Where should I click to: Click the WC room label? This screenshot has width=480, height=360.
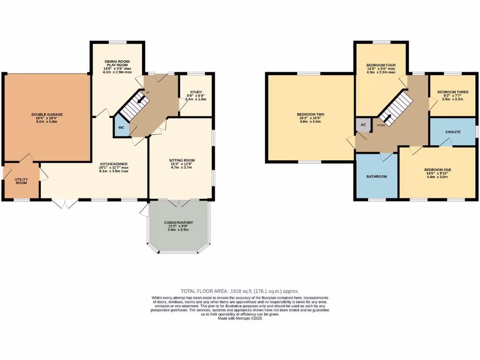(121, 127)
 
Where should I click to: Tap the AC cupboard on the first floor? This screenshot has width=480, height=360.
(363, 125)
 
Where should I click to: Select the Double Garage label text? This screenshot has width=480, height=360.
(47, 114)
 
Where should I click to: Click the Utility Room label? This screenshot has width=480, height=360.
(21, 180)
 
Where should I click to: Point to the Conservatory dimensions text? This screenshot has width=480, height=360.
(178, 229)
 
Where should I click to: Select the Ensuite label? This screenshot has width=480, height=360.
(453, 132)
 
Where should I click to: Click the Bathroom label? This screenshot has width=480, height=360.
(376, 177)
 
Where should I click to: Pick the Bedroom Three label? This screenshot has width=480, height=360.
(450, 92)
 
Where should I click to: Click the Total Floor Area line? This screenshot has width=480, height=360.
(240, 291)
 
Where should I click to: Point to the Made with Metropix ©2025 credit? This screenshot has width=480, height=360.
(240, 318)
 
